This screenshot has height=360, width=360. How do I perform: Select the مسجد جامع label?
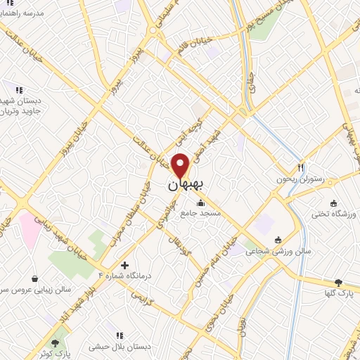201,212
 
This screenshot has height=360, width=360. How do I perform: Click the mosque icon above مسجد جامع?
201,202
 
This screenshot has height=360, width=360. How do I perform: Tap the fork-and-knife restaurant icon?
301,167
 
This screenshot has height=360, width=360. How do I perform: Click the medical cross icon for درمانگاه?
125,266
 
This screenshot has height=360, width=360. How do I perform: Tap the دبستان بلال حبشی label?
120,347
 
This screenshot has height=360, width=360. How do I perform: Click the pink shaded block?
30,229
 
